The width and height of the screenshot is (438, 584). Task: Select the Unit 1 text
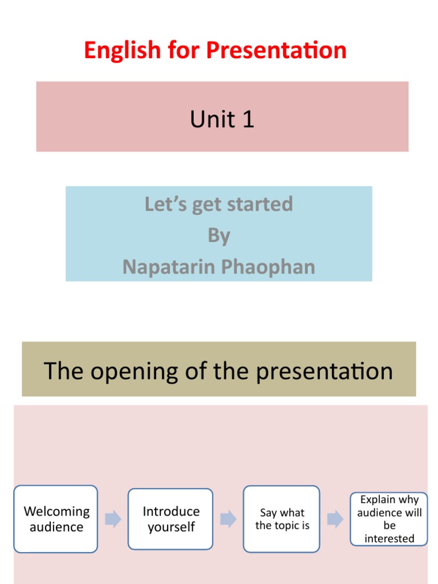point(222,119)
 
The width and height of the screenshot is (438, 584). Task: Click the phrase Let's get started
point(219,204)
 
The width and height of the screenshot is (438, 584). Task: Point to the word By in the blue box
point(219,235)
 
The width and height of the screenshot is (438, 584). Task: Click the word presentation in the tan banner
point(324,371)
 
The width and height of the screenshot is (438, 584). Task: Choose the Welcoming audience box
point(56,519)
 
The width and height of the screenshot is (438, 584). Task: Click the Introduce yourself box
point(171,519)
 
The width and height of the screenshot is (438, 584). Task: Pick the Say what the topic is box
point(282,519)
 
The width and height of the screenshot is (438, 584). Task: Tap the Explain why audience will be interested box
point(389,519)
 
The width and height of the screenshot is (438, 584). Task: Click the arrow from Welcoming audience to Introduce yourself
point(113,519)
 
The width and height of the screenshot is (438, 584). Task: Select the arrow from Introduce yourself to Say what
point(228,519)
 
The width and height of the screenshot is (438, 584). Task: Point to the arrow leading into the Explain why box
point(335,519)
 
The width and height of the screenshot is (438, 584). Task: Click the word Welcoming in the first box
point(56,512)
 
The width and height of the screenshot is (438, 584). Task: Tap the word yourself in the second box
point(171,527)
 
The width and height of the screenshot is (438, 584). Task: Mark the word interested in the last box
point(390,538)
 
